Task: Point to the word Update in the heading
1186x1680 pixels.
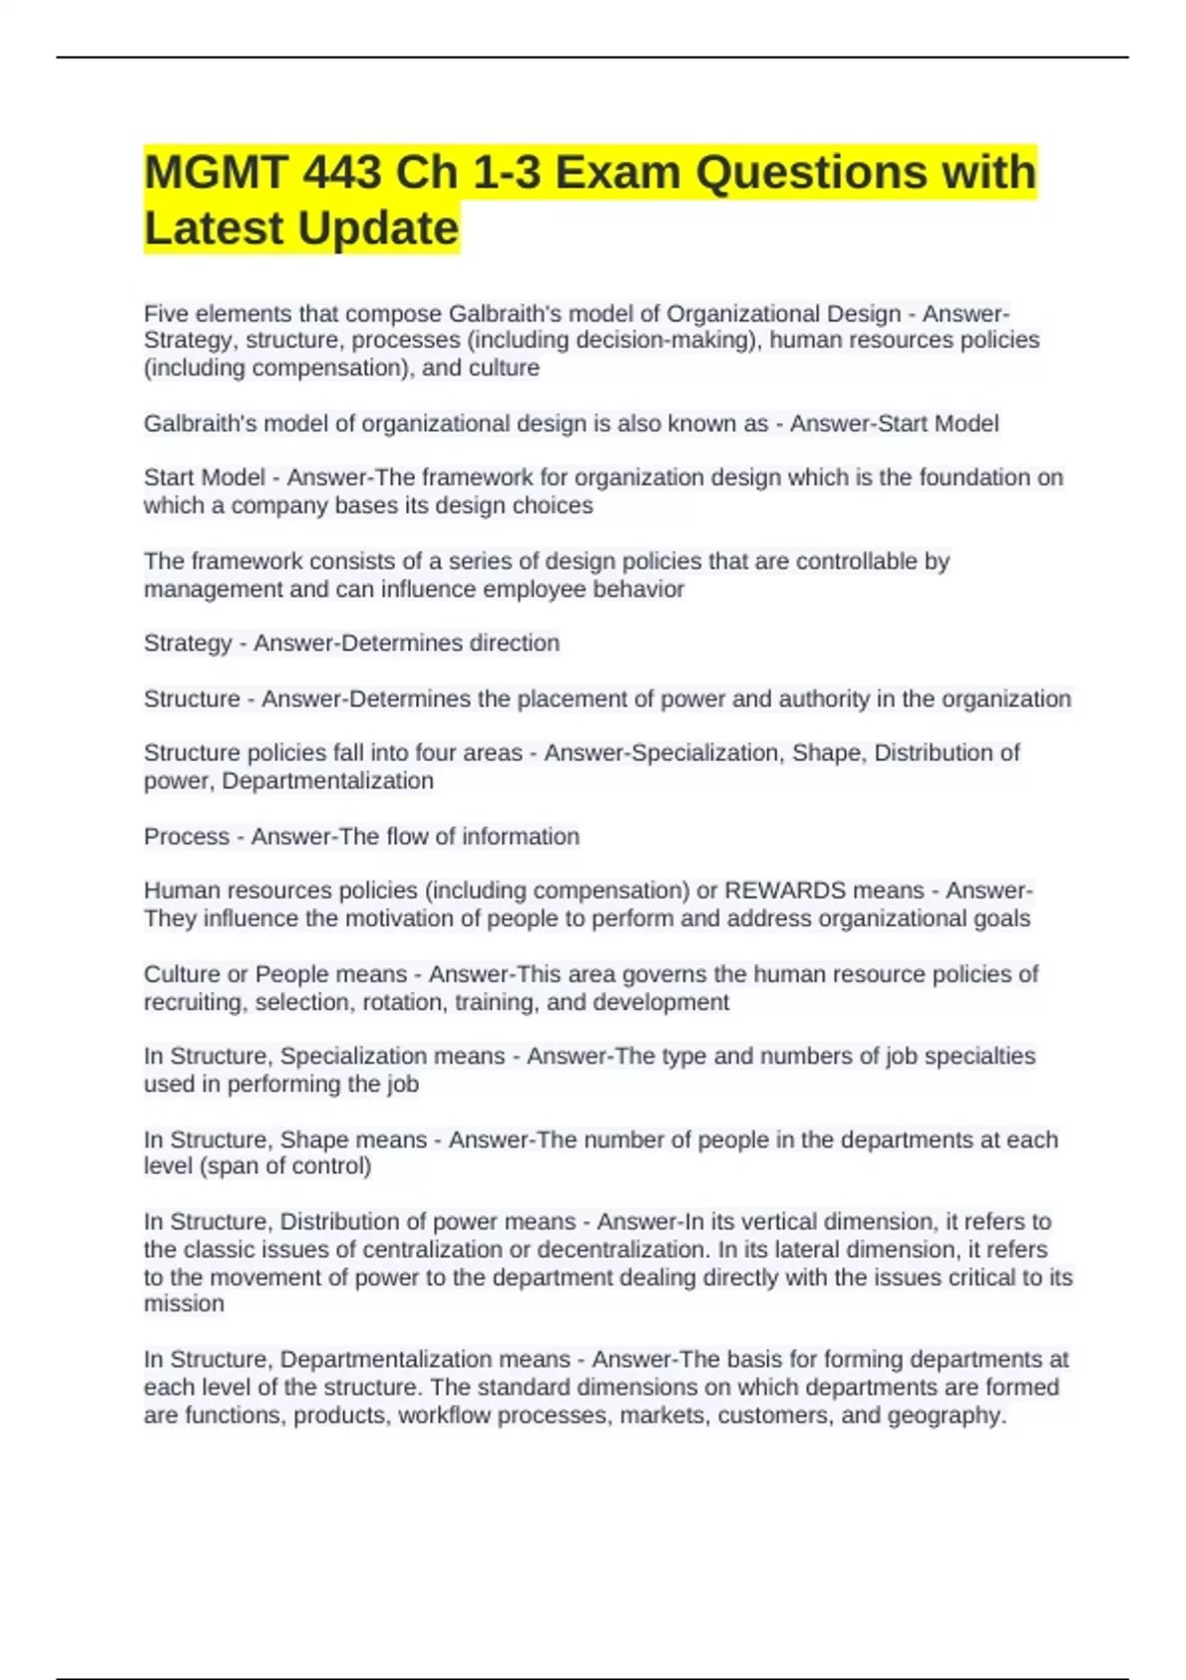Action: pyautogui.click(x=378, y=228)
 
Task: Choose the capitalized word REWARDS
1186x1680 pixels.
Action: pyautogui.click(x=785, y=890)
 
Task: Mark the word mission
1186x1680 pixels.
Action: pyautogui.click(x=184, y=1304)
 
